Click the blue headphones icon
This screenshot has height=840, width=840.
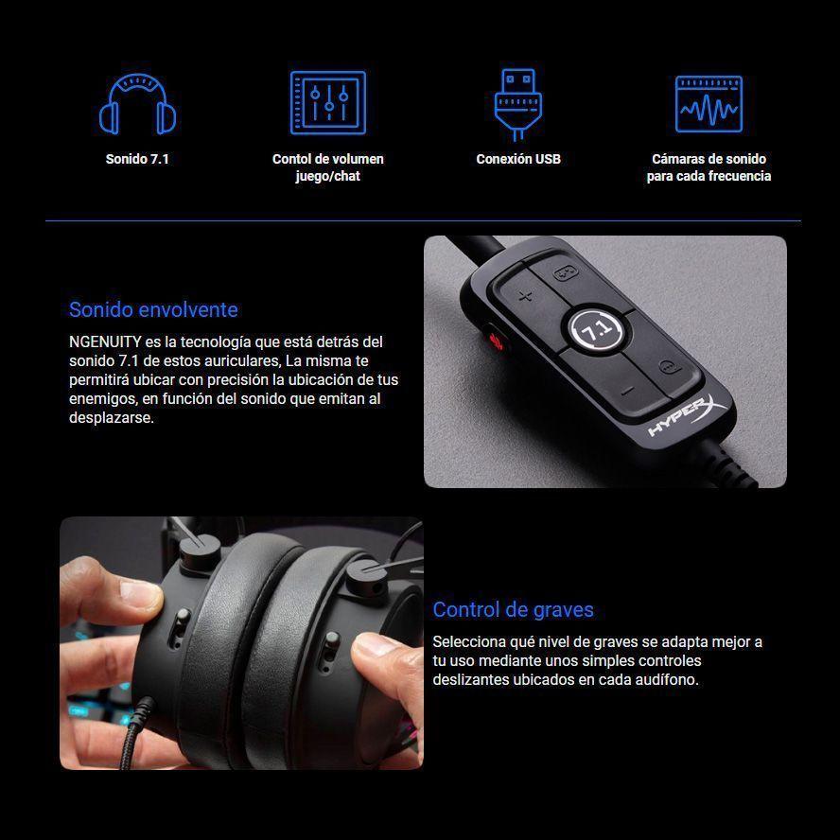(x=138, y=103)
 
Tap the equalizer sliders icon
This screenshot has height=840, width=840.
(x=328, y=102)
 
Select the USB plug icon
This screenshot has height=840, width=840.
(x=517, y=104)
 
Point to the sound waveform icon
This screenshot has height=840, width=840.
(x=709, y=104)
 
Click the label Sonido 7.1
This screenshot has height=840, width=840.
(x=137, y=159)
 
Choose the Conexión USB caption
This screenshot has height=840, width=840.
(x=518, y=159)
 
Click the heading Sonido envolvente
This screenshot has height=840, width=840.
(x=153, y=309)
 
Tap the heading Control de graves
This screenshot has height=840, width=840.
(x=513, y=609)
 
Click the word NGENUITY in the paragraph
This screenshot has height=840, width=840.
(x=105, y=341)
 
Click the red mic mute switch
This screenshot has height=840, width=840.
(x=496, y=340)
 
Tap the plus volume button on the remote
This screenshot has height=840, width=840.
(x=525, y=295)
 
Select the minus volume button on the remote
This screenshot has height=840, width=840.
(x=628, y=392)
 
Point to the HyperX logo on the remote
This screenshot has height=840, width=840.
(x=688, y=415)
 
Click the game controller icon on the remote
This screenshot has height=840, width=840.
(x=564, y=273)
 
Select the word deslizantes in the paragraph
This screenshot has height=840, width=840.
(x=471, y=680)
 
